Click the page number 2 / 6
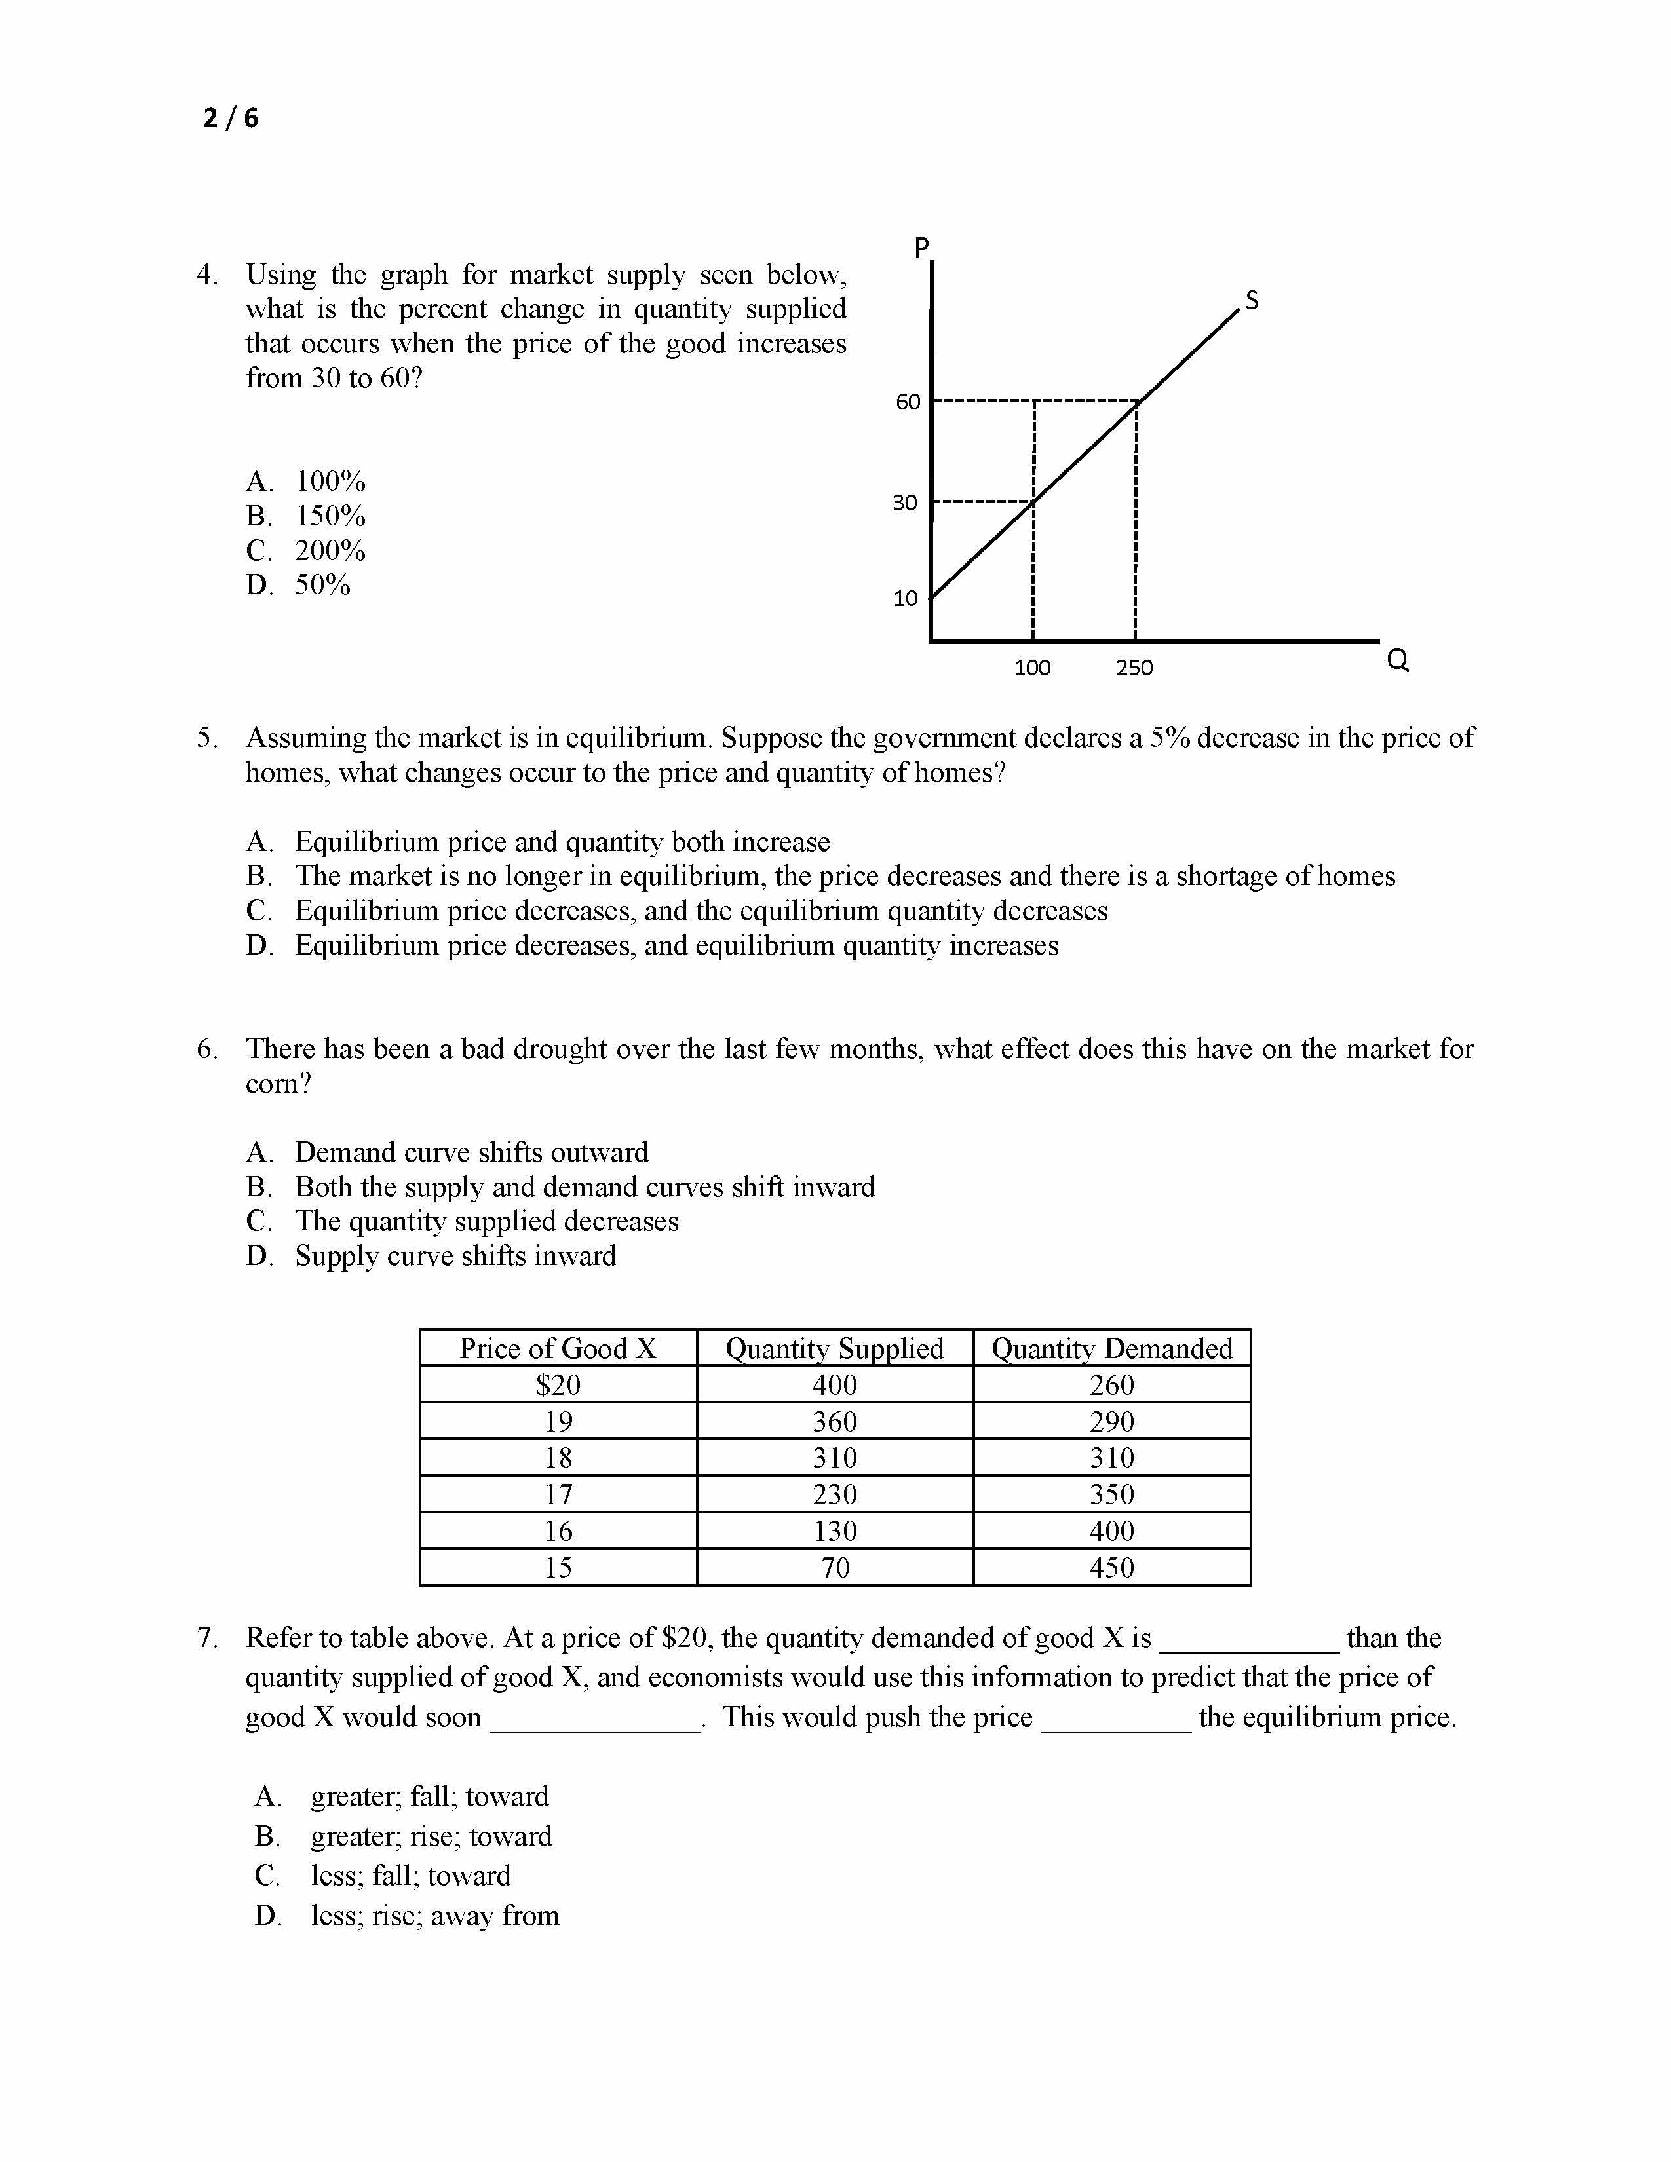pos(231,119)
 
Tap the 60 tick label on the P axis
pos(908,402)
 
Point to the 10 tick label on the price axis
pos(906,598)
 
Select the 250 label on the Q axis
pos(1134,668)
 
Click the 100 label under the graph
pos(1033,668)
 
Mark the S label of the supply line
pos(1252,300)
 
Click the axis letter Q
pos(1398,659)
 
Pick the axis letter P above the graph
pos(921,248)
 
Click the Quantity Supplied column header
pos(834,1348)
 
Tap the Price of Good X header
pos(558,1348)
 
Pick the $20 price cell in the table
pos(558,1385)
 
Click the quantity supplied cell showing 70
pos(834,1567)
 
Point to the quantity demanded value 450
pos(1111,1567)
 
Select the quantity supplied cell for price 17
pos(834,1494)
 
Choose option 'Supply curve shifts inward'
pos(455,1256)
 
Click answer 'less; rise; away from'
pos(434,1916)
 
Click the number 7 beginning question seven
pos(207,1639)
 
